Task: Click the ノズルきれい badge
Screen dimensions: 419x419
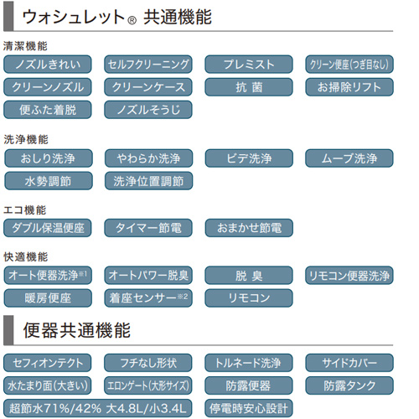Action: coord(48,65)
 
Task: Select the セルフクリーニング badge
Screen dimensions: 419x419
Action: coord(148,65)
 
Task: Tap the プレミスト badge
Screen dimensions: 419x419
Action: coord(249,65)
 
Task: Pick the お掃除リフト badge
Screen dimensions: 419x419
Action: coord(349,87)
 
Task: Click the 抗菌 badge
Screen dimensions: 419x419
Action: coord(249,87)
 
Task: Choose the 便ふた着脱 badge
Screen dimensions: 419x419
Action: coord(48,110)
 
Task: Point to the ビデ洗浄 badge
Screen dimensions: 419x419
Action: coord(249,158)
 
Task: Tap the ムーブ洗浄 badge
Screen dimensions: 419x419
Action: coord(349,158)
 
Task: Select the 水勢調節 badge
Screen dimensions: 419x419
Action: coord(49,181)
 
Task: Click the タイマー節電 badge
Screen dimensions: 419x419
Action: coord(148,228)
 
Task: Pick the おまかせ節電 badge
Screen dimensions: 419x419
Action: coord(249,228)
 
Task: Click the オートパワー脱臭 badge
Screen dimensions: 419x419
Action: coord(148,276)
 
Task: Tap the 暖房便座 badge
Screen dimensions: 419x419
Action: coord(48,298)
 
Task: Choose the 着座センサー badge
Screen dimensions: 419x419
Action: coord(148,298)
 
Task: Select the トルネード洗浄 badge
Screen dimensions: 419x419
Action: coord(249,363)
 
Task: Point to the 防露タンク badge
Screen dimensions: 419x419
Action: coord(349,385)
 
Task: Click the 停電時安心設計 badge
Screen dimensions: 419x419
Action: coord(249,408)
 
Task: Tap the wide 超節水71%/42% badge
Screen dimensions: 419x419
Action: coord(98,408)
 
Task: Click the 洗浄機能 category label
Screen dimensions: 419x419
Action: coord(26,139)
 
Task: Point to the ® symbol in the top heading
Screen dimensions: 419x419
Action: coord(132,20)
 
